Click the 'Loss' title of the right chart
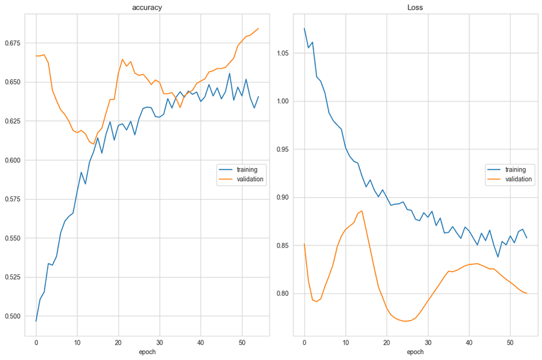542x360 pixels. click(x=415, y=7)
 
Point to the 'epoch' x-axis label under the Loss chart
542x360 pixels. click(x=415, y=352)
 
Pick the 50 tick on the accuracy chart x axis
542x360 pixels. click(x=242, y=342)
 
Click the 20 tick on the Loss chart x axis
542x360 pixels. click(x=386, y=342)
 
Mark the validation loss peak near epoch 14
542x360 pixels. click(x=362, y=211)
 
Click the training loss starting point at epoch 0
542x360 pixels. click(x=304, y=28)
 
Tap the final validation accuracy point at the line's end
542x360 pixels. click(x=259, y=28)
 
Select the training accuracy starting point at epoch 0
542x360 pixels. click(x=36, y=321)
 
